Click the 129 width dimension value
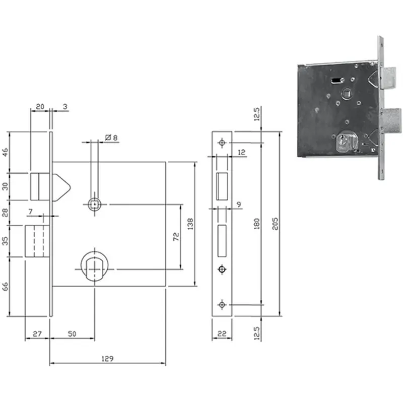click(x=107, y=359)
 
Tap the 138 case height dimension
click(x=190, y=224)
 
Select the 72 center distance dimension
click(x=176, y=236)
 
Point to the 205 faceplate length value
click(x=275, y=224)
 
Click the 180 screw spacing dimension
click(x=256, y=224)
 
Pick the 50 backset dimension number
click(x=72, y=333)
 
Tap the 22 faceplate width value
click(x=222, y=333)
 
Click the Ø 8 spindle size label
click(x=111, y=138)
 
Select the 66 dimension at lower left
click(x=5, y=286)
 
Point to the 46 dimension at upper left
click(x=5, y=153)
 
